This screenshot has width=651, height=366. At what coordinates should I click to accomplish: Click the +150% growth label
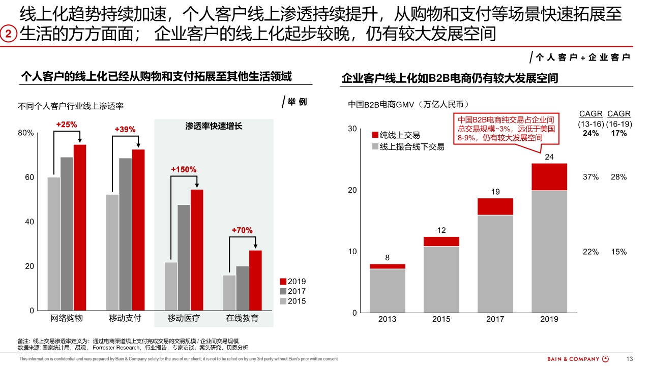tap(184, 169)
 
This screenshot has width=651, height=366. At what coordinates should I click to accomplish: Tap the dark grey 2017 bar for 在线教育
tap(243, 288)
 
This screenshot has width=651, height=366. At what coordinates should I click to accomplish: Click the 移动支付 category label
tap(125, 319)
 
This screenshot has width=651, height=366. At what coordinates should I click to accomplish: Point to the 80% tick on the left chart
tap(26, 133)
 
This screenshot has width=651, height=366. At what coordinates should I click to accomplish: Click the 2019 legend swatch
tap(283, 282)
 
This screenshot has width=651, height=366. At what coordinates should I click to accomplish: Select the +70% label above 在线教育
tap(242, 230)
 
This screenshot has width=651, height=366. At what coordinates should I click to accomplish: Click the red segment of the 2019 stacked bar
tap(549, 176)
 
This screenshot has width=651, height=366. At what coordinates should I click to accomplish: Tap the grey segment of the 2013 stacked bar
tap(387, 290)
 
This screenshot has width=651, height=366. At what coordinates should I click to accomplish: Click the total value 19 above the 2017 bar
tap(495, 192)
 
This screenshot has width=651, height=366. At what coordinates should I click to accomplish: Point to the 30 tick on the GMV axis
tap(352, 129)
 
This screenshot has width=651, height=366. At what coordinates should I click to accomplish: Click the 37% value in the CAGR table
tap(590, 177)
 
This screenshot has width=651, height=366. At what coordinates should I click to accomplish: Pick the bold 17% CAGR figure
tap(619, 133)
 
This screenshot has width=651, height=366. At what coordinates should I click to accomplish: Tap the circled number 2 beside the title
tap(9, 35)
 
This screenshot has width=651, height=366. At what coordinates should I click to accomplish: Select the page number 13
tap(630, 359)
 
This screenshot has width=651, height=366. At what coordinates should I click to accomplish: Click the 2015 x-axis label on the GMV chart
tap(441, 319)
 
